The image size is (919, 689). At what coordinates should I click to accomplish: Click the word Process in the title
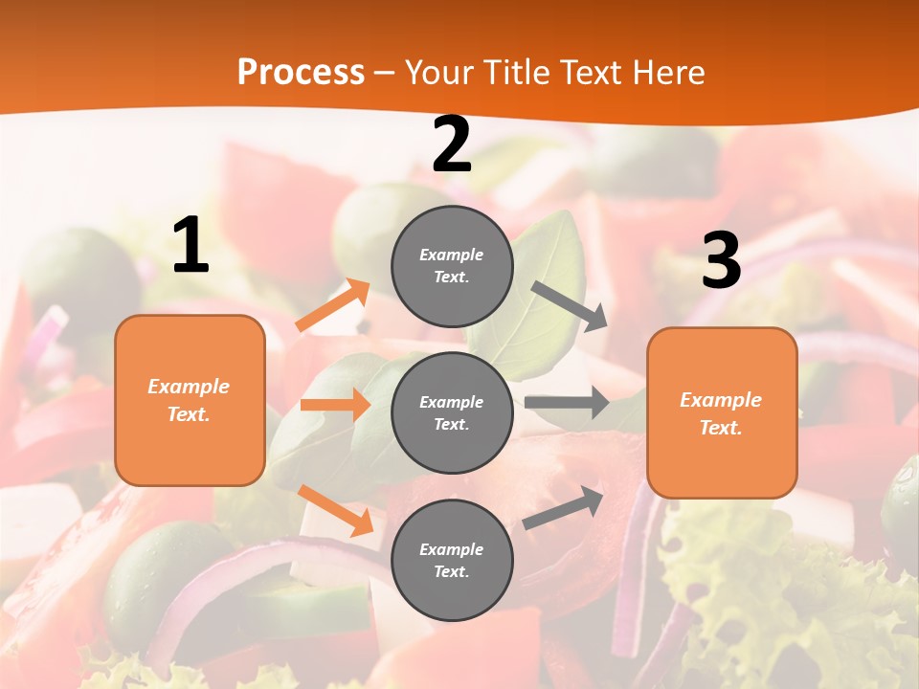(301, 73)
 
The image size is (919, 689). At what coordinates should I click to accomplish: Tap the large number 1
(191, 246)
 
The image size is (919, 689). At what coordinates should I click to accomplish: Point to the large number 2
(452, 145)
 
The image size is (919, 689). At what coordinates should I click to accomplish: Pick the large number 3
(721, 261)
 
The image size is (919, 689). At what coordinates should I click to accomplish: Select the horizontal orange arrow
(335, 405)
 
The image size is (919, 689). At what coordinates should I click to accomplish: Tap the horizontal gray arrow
(566, 403)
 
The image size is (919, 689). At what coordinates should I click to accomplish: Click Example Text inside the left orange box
(189, 400)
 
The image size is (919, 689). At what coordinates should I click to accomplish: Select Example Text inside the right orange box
(721, 413)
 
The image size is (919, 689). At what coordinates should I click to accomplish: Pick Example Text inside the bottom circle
(452, 561)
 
